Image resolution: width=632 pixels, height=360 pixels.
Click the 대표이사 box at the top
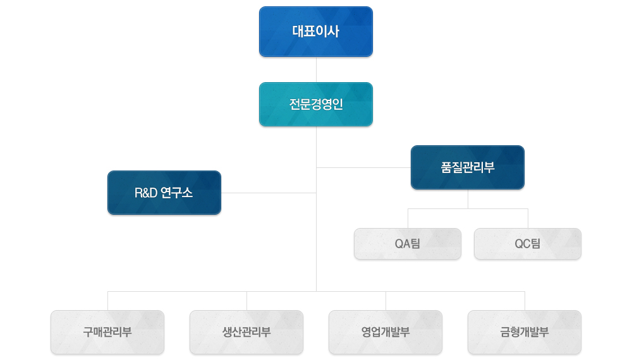click(315, 32)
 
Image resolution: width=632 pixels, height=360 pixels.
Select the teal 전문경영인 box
click(315, 104)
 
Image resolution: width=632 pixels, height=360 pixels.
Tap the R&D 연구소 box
click(164, 193)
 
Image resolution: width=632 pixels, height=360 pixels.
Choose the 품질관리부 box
click(468, 167)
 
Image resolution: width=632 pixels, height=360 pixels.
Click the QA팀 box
click(408, 244)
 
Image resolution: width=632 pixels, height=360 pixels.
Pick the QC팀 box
click(528, 244)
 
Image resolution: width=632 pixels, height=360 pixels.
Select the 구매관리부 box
click(107, 332)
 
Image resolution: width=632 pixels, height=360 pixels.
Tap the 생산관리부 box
click(246, 332)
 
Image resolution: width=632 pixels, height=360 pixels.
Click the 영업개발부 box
click(386, 332)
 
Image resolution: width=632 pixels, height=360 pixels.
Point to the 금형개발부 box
click(525, 332)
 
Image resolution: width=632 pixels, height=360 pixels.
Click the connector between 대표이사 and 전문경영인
click(316, 69)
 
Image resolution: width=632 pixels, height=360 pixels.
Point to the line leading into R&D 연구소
click(269, 193)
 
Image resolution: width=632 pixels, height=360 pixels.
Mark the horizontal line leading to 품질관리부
click(363, 167)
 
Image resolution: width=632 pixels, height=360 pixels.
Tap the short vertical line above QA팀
click(408, 219)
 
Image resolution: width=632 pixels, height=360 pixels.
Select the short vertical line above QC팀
click(528, 219)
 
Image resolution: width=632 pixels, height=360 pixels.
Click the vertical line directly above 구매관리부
click(107, 301)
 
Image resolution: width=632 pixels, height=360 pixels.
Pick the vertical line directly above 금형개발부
click(525, 301)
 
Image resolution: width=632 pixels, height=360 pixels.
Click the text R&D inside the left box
click(146, 193)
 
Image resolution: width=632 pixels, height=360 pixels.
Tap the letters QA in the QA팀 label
click(402, 244)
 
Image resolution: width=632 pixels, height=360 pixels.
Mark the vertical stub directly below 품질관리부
click(468, 199)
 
